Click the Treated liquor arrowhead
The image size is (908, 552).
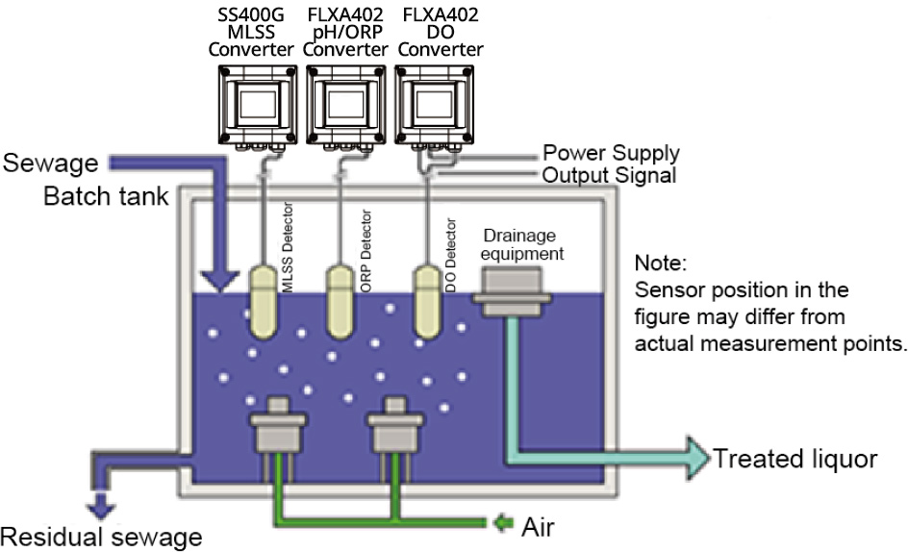(694, 457)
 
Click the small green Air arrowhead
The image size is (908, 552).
(500, 525)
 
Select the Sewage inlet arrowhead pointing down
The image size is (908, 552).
(219, 278)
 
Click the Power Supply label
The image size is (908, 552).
(611, 153)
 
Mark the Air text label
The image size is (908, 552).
(536, 527)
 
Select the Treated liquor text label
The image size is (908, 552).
(794, 459)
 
